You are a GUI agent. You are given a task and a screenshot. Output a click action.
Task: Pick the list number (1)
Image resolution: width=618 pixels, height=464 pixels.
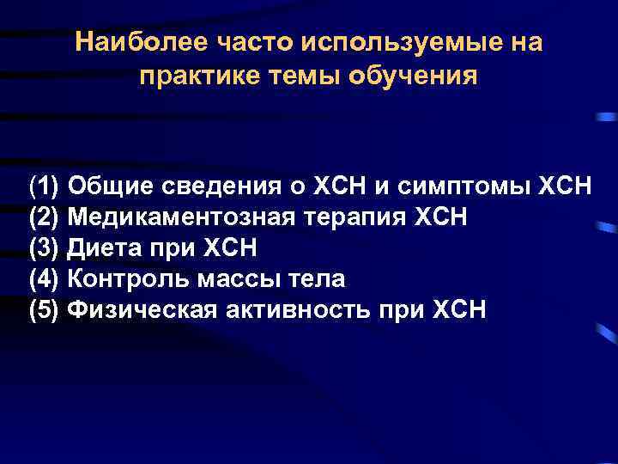[x=43, y=186]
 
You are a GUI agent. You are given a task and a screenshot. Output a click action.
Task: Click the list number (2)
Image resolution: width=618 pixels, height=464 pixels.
[x=43, y=217]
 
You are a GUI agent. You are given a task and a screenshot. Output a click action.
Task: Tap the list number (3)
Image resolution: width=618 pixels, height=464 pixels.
[x=43, y=248]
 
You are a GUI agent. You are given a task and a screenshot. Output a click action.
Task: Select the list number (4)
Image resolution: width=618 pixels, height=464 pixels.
[x=43, y=279]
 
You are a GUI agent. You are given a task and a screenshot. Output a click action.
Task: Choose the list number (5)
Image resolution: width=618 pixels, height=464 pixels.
[x=43, y=310]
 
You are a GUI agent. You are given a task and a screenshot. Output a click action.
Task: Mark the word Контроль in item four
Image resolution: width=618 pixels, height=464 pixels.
[x=118, y=279]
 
